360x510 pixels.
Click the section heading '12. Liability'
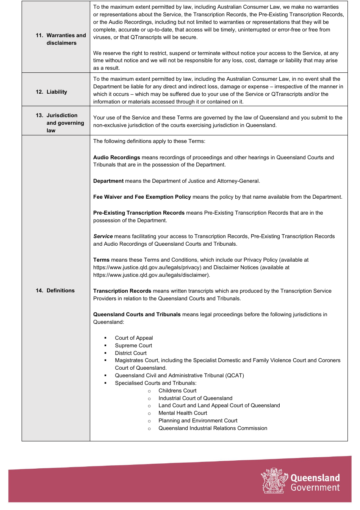click(x=52, y=92)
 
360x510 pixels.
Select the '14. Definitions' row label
click(x=55, y=290)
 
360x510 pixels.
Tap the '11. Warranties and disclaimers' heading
click(x=61, y=39)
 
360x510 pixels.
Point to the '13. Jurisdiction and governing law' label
click(x=60, y=123)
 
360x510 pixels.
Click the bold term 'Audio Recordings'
click(x=117, y=157)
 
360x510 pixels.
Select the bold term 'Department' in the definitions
click(x=108, y=181)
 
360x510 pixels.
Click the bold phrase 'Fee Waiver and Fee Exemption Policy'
click(x=142, y=197)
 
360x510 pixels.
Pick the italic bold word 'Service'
click(x=103, y=236)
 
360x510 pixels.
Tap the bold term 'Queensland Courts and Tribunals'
click(x=137, y=314)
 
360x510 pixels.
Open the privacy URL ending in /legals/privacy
click(x=147, y=267)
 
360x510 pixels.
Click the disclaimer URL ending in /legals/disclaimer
click(x=151, y=275)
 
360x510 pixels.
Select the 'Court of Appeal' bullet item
click(x=134, y=338)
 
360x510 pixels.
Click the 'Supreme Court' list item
click(x=133, y=345)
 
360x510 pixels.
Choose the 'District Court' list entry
click(x=131, y=353)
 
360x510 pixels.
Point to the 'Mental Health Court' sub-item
click(x=183, y=413)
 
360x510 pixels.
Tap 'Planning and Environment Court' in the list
click(x=198, y=421)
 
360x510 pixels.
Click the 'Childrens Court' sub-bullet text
click(x=177, y=391)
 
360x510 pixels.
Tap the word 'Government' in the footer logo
click(x=315, y=488)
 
